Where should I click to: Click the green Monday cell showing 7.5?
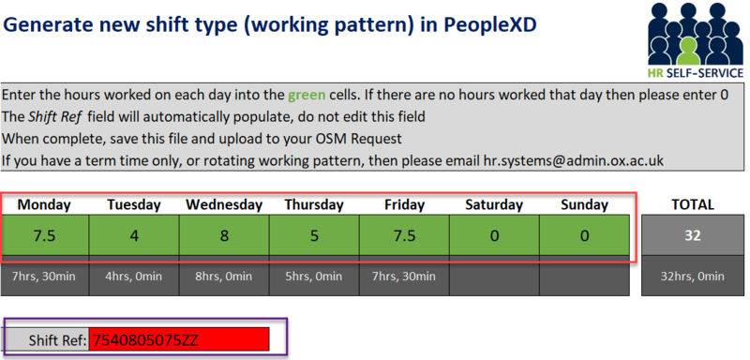[44, 236]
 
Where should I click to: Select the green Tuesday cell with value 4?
[133, 236]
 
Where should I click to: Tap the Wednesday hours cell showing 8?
[223, 236]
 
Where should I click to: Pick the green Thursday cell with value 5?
[313, 236]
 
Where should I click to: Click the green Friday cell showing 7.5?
[403, 236]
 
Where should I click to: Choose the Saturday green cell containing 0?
[494, 236]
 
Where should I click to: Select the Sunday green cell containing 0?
[584, 236]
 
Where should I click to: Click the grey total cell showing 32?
[693, 236]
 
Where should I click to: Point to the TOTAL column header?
[693, 204]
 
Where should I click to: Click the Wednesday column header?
[223, 204]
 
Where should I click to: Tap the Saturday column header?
[494, 204]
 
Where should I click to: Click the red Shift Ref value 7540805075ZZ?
[178, 338]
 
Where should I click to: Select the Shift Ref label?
[57, 338]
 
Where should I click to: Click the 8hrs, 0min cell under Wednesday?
[223, 277]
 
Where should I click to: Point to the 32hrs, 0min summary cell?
[693, 277]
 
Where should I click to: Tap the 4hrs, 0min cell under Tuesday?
[133, 277]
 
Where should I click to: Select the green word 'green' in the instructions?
[308, 95]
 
